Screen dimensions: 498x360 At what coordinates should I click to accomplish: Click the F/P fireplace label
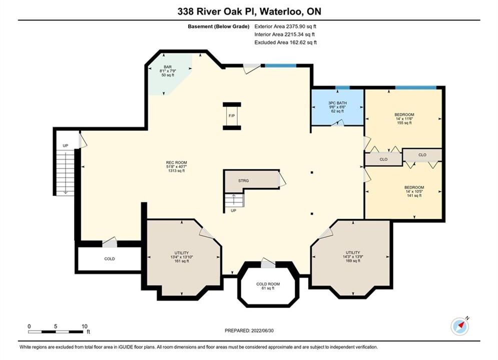click(232, 116)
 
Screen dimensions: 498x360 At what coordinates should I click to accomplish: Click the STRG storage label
click(244, 181)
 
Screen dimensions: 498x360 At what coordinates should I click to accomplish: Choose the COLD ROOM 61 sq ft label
click(268, 286)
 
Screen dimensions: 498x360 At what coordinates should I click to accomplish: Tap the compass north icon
click(460, 325)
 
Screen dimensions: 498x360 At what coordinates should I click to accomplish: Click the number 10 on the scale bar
click(84, 326)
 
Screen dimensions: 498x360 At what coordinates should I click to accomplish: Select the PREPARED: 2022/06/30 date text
click(249, 330)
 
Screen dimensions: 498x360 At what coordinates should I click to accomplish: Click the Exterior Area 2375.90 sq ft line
click(285, 26)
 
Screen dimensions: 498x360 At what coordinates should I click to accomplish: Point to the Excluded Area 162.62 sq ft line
click(285, 42)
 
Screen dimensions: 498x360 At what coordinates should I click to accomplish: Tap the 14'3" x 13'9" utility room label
click(353, 256)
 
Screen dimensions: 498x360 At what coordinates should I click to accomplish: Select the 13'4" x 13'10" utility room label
click(182, 257)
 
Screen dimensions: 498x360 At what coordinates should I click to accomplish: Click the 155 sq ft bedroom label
click(404, 122)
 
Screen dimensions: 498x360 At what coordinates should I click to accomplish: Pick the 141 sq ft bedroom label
click(414, 195)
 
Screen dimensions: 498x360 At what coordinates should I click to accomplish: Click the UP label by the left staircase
click(66, 145)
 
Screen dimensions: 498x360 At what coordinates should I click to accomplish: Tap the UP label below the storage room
click(233, 210)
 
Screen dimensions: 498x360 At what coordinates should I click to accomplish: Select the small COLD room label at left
click(110, 259)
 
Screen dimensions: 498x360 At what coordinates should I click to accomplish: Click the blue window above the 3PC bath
click(342, 87)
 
